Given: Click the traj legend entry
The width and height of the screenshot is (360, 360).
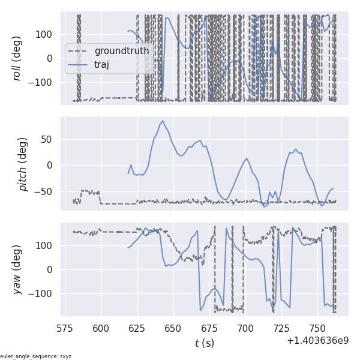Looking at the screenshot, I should (x=101, y=65).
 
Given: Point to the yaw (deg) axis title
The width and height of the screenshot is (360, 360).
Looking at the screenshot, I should (x=24, y=269).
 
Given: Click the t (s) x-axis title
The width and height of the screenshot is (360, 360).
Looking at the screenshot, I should (x=204, y=343).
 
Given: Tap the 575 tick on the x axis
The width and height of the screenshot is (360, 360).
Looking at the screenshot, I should (x=65, y=328).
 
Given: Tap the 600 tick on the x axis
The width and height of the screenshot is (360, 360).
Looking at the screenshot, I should (x=101, y=328).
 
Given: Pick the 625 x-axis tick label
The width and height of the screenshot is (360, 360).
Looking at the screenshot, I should (x=137, y=328).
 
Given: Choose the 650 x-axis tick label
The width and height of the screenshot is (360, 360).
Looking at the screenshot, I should (x=173, y=328).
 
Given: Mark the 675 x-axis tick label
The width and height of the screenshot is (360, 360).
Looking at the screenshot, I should (x=209, y=328).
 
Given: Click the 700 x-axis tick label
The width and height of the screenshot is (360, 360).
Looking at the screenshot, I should (x=245, y=328).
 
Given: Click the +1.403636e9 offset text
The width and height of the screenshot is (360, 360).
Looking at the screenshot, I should (x=317, y=340).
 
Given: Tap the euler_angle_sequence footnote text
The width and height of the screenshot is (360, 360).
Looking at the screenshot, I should (x=35, y=356).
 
